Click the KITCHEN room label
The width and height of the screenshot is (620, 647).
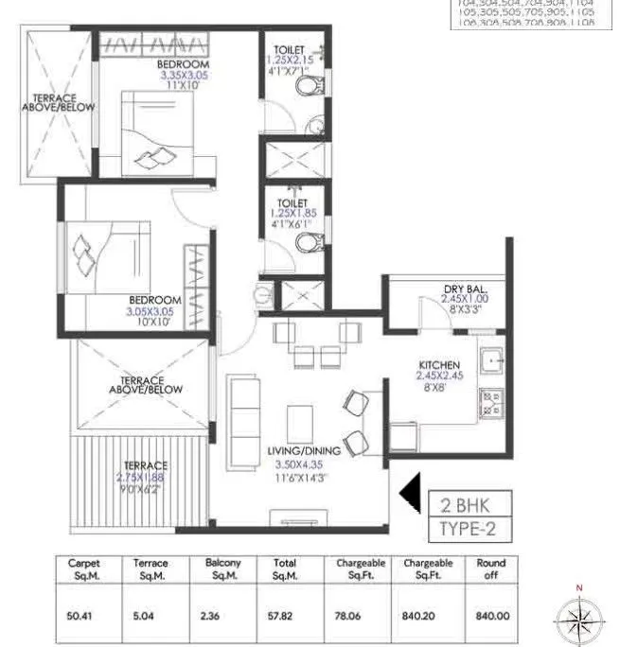440,364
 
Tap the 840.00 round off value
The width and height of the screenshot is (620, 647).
492,614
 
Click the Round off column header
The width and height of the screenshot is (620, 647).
492,568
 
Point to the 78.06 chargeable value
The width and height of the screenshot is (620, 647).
352,614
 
